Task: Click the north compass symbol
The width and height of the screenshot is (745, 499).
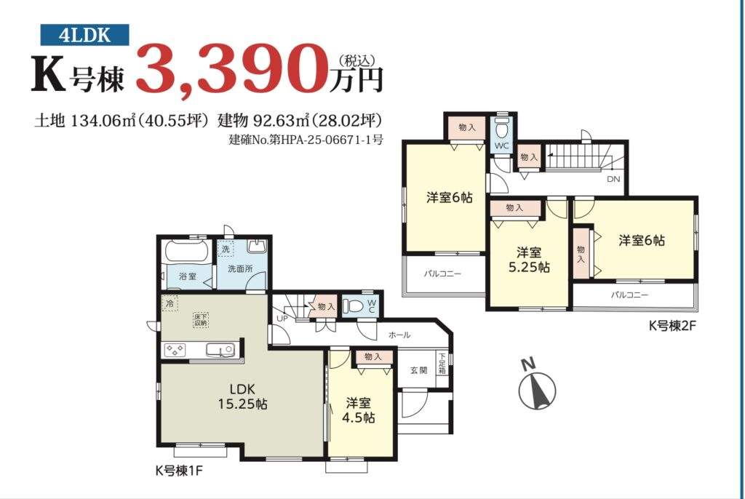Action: coord(536,386)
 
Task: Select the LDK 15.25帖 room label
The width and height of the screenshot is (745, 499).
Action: coord(242,396)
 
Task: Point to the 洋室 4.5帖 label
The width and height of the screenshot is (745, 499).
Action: coord(359,410)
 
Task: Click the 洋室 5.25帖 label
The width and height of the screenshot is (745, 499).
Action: coord(529,260)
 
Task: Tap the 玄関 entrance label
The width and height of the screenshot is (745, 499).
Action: coord(418,370)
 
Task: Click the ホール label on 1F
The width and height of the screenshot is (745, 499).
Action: coord(399,335)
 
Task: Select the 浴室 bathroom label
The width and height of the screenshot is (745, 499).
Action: coord(187,276)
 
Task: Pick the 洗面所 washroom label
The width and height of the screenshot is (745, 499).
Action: coord(240,269)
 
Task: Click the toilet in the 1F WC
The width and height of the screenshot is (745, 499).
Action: coord(352,306)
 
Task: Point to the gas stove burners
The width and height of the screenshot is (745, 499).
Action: coord(175,351)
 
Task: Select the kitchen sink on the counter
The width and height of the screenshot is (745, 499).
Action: coord(220,350)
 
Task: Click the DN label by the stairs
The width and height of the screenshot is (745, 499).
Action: coord(613,180)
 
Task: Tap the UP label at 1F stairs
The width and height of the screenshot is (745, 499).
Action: coord(282,319)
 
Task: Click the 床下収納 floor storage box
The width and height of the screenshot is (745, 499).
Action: coord(201,319)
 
